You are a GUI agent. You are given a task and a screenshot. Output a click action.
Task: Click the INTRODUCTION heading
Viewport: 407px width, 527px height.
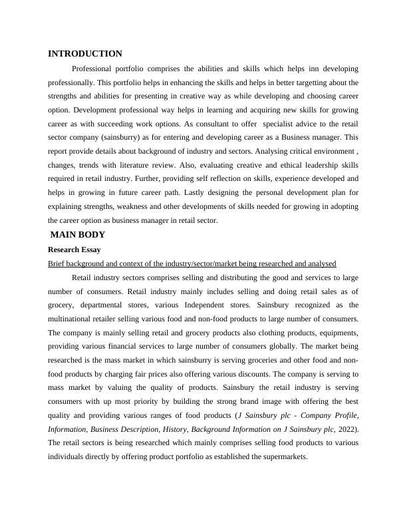(x=85, y=54)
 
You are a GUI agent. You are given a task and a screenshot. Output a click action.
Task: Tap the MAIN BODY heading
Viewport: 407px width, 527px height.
(x=78, y=235)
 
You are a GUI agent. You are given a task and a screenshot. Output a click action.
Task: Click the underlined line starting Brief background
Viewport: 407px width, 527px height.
(x=192, y=264)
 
